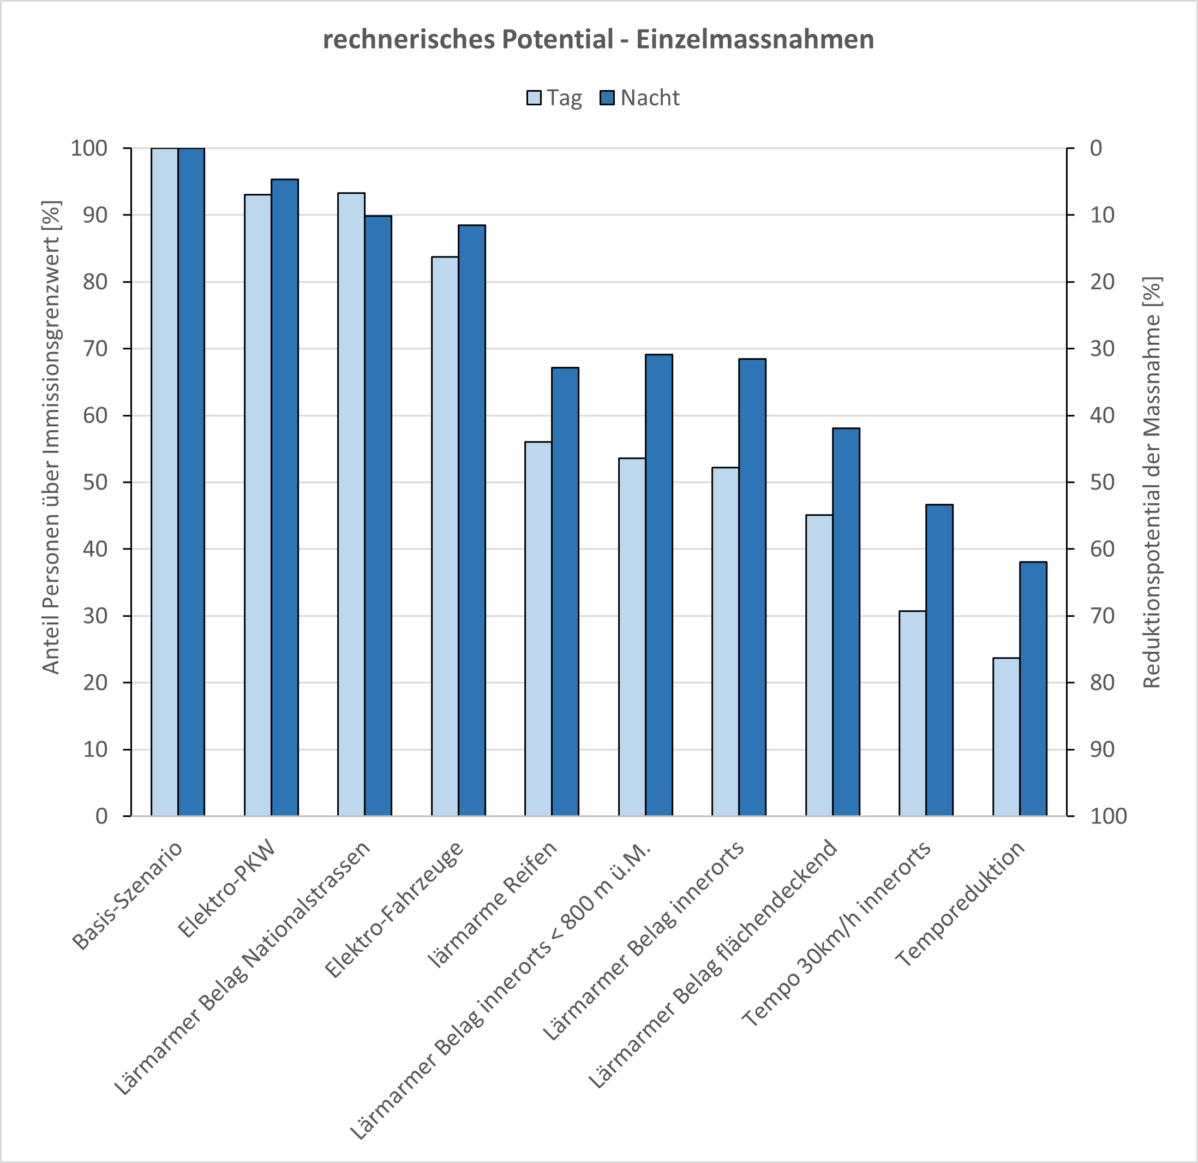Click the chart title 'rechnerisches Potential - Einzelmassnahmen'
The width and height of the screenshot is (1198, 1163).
coord(598,40)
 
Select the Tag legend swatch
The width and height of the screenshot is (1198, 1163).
coord(534,98)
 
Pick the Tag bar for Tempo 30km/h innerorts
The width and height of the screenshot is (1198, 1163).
coord(912,713)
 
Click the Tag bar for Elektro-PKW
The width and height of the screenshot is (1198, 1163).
coord(258,504)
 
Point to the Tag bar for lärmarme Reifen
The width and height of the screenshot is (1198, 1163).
coord(538,628)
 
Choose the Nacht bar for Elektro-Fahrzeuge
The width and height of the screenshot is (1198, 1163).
coord(472,520)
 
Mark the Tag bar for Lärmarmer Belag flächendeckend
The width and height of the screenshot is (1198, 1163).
coord(819,665)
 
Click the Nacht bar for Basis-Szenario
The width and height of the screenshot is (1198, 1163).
coord(191,481)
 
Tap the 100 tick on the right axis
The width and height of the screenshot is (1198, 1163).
coord(1108,816)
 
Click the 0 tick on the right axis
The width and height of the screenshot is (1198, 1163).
coord(1096,148)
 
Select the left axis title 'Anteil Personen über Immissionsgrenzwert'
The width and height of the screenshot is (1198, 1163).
coord(51,437)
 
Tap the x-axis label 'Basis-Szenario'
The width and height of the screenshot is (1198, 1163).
coord(127,895)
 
